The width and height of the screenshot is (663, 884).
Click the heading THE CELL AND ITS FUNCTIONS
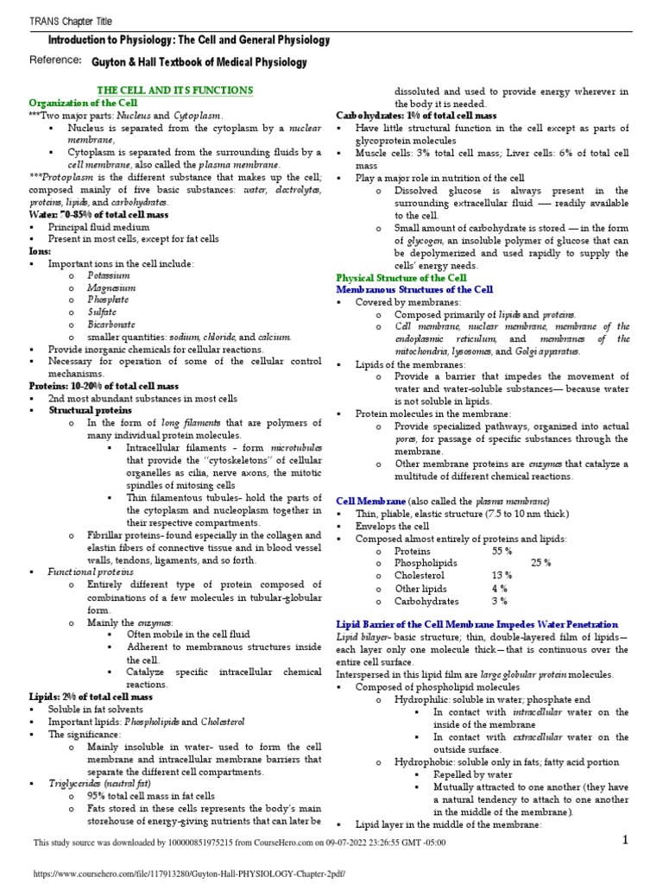coord(175,91)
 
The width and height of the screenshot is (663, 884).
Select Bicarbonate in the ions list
coord(111,325)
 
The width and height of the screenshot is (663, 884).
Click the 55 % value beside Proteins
coord(503,551)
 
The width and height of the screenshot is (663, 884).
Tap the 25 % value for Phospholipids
coord(541,563)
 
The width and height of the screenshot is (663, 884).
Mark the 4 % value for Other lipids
coord(500,589)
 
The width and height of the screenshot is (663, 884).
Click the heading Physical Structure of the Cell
coord(401,278)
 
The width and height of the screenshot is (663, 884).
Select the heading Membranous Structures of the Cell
coord(414,290)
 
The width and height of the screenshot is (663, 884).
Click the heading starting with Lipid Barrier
coord(477,624)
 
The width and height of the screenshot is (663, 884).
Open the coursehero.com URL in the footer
coord(188,874)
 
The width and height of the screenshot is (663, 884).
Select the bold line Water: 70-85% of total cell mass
coord(103,213)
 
